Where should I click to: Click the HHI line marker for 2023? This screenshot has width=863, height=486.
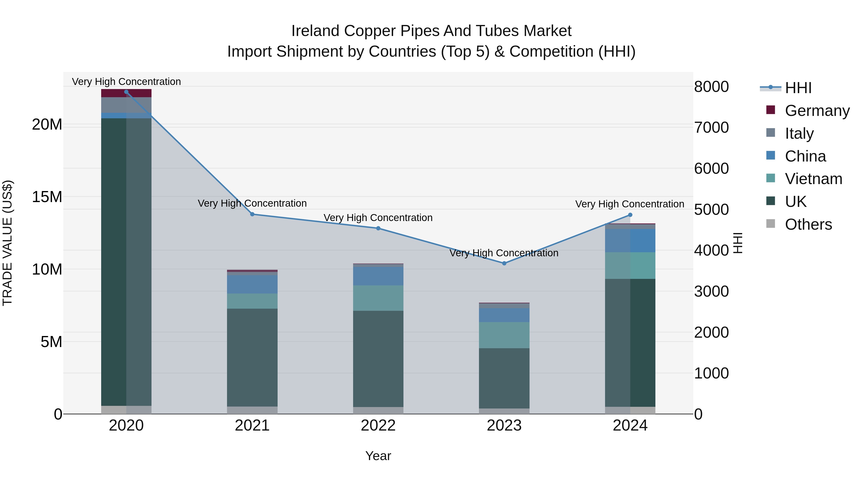click(504, 263)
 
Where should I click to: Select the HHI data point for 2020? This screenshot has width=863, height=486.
click(126, 92)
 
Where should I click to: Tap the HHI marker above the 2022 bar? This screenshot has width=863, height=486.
click(378, 228)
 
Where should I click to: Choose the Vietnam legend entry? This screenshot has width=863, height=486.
click(813, 179)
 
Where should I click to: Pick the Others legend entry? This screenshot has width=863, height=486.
click(808, 224)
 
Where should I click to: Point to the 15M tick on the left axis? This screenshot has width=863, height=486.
click(47, 197)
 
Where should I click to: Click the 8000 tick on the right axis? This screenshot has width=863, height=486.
click(711, 87)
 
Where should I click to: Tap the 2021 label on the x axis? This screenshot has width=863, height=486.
click(252, 426)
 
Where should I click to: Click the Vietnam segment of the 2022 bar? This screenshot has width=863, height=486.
click(378, 298)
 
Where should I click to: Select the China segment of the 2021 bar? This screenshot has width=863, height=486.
click(252, 284)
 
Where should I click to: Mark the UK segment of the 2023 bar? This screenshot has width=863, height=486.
click(504, 378)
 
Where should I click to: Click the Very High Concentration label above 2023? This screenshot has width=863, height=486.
click(504, 253)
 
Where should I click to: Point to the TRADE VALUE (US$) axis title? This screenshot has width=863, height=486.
click(7, 243)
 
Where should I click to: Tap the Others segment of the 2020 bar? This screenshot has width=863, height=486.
click(126, 410)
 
